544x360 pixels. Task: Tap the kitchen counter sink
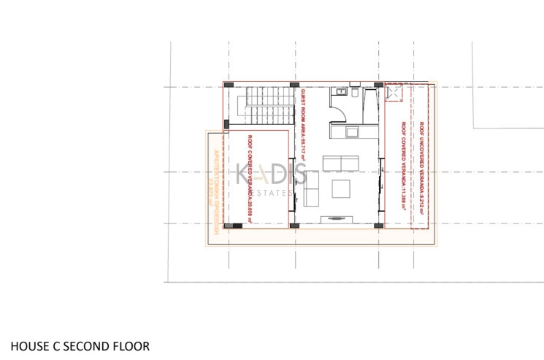point(351,131)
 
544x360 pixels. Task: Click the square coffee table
point(341,188)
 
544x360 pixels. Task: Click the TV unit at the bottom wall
point(340,218)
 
